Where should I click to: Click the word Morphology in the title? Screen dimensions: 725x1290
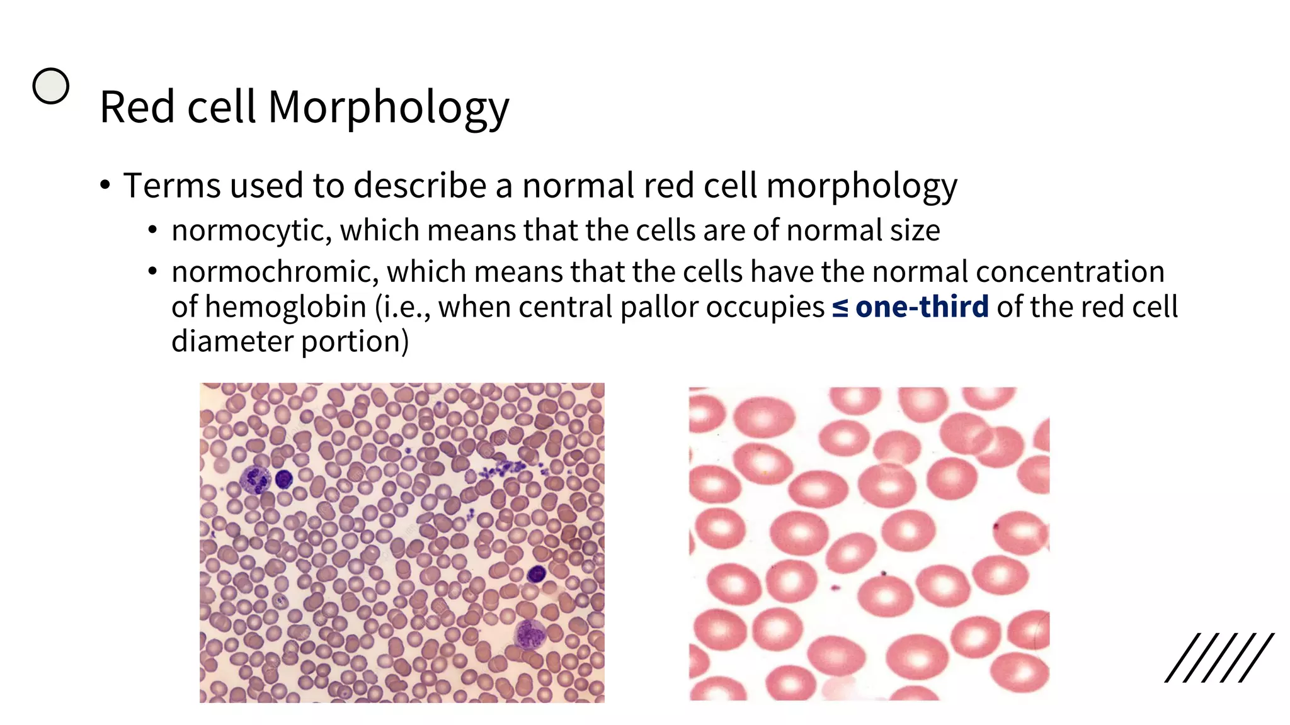(x=388, y=108)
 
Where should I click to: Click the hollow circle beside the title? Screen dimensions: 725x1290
(x=51, y=86)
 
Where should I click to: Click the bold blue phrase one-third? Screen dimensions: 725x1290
(x=922, y=307)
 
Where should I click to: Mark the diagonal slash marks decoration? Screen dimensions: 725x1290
(x=1219, y=658)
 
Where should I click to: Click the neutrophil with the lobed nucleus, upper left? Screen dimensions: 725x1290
(x=256, y=480)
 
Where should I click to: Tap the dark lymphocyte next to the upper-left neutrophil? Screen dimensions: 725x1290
(x=284, y=480)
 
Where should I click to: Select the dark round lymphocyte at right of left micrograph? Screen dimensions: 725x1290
(x=536, y=573)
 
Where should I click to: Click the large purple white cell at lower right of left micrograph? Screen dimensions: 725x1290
(x=529, y=634)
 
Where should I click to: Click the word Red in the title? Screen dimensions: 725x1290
(x=138, y=108)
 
